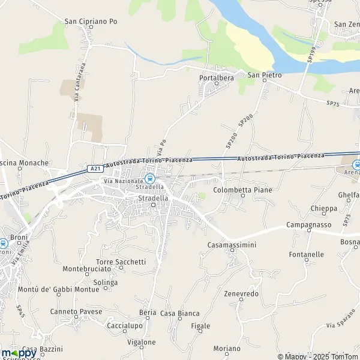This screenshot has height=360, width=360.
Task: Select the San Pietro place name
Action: [x=265, y=76]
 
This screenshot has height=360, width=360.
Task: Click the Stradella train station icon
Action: [x=150, y=179]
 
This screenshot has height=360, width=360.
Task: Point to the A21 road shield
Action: [x=95, y=170]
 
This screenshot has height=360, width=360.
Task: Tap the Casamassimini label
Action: [x=232, y=245]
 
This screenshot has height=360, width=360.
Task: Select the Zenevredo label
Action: [x=241, y=293]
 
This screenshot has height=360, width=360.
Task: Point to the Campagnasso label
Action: [x=310, y=224]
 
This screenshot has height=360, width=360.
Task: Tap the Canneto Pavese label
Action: [x=76, y=312]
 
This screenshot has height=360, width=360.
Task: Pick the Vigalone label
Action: [x=142, y=343]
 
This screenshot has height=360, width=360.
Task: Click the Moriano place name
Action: [x=226, y=349]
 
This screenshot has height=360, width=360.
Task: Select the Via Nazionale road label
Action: [x=124, y=181]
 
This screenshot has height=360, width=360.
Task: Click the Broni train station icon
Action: [x=4, y=243]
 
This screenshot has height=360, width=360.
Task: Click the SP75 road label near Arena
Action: [x=333, y=103]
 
